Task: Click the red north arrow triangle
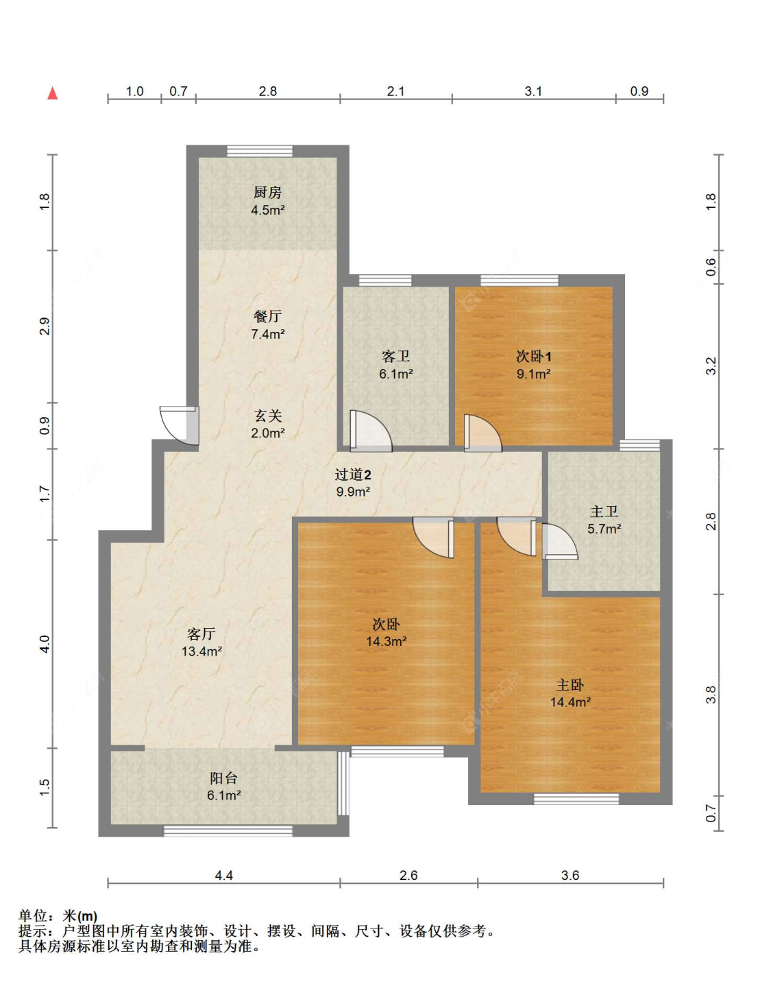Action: (x=53, y=93)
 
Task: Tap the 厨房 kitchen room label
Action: (x=268, y=193)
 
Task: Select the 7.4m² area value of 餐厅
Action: (x=268, y=334)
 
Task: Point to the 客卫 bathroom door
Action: (x=371, y=431)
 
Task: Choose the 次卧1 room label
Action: (x=534, y=357)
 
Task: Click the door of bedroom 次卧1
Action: (x=483, y=433)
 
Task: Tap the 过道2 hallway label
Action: (x=353, y=475)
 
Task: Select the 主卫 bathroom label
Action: (x=604, y=512)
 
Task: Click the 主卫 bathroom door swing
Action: (x=560, y=541)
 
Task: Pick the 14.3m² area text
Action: (x=387, y=641)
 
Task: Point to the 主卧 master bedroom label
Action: (x=570, y=685)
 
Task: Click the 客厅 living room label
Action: (x=201, y=634)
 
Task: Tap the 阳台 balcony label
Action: (x=224, y=778)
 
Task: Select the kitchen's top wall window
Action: (x=260, y=151)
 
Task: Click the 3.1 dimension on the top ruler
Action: (x=533, y=92)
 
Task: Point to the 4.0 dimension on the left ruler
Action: (x=45, y=643)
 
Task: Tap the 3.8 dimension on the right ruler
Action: (x=711, y=695)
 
